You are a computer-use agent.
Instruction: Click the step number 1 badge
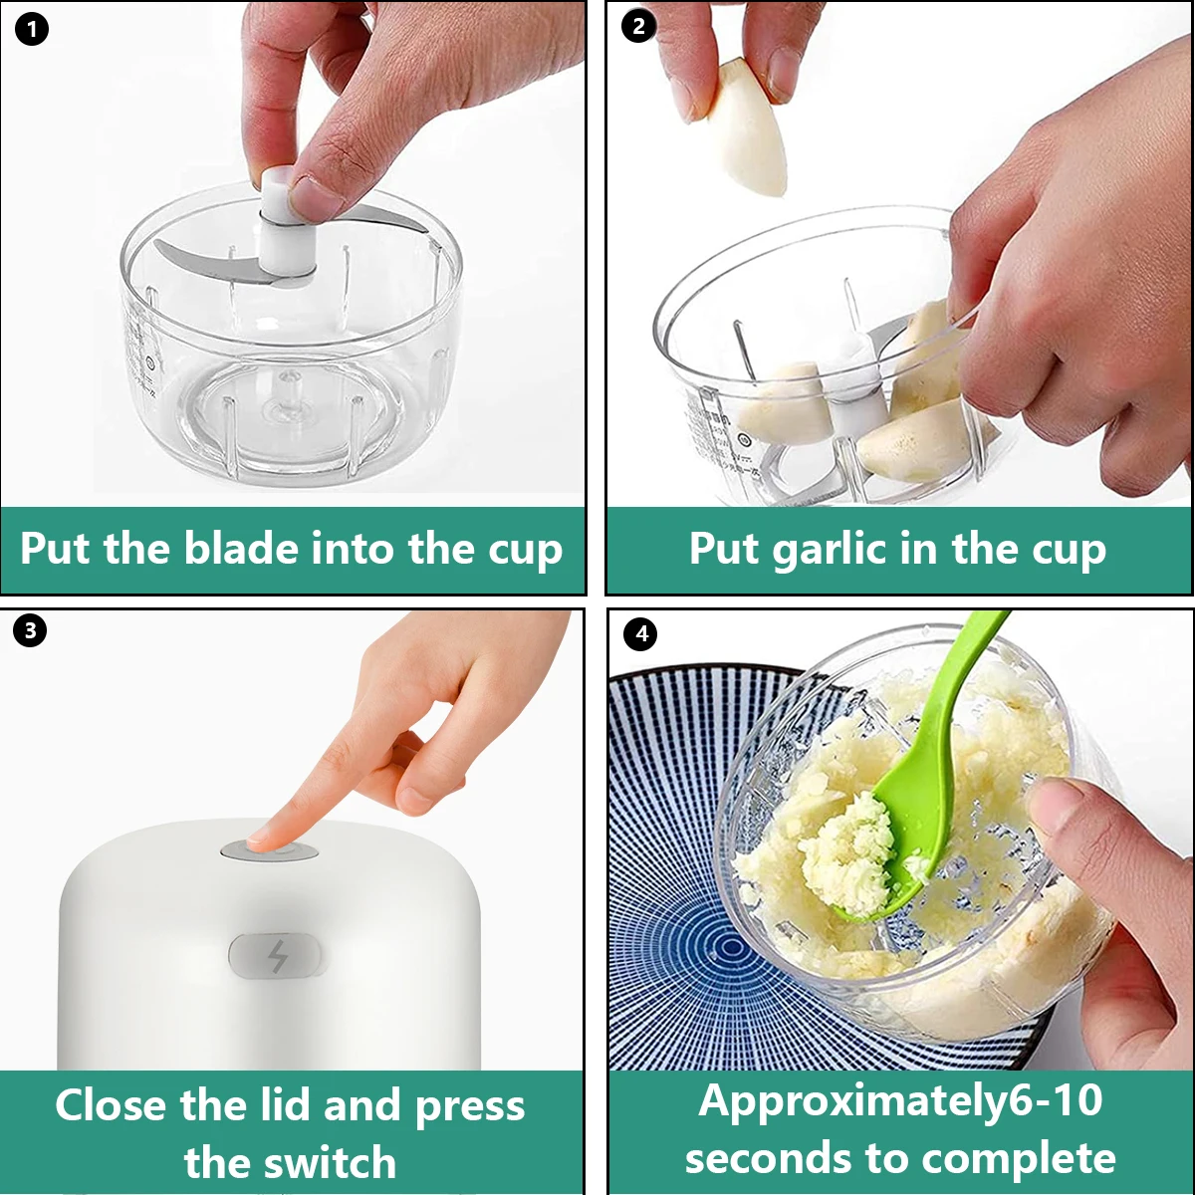32,30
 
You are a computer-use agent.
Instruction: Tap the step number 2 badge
639,27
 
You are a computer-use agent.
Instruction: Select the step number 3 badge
30,630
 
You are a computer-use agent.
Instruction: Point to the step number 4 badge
640,634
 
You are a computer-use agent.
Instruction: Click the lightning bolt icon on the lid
278,957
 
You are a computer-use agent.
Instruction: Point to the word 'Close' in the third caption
110,1105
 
